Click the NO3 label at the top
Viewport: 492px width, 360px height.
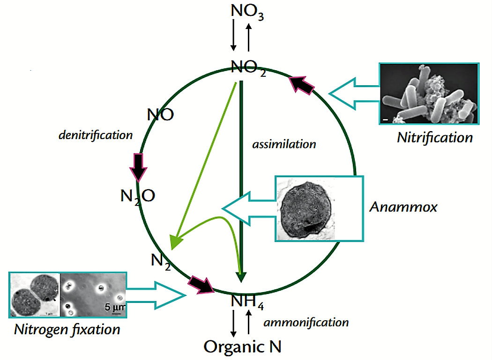tap(247, 12)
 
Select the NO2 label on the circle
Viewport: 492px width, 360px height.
tap(248, 68)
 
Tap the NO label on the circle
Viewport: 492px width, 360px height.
tap(160, 115)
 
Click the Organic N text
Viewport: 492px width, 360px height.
tap(243, 346)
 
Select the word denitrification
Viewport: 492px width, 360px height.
tap(96, 135)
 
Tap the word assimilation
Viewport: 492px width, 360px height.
tap(284, 144)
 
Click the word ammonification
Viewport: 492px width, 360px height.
tap(306, 322)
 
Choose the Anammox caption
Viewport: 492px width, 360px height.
tap(403, 207)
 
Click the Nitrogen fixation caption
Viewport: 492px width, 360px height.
tap(67, 329)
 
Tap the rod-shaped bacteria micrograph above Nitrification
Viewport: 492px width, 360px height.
tap(428, 94)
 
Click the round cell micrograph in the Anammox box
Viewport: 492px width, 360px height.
tap(306, 208)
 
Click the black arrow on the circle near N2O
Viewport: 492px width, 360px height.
tap(139, 166)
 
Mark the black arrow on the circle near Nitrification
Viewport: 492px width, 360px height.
tap(303, 85)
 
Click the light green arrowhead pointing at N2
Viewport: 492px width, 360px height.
tap(177, 239)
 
